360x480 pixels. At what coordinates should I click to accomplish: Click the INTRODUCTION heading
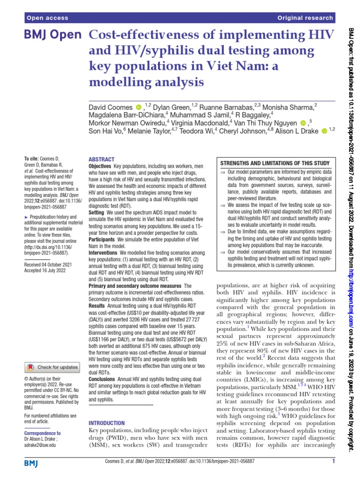[x=106, y=422]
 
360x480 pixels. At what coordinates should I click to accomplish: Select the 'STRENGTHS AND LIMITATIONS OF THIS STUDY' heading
[x=275, y=163]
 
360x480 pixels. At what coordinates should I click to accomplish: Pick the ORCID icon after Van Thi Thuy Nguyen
[x=302, y=122]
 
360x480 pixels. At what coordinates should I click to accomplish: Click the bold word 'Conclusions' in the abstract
[x=102, y=378]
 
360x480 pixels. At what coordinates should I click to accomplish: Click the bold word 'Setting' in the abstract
[x=96, y=212]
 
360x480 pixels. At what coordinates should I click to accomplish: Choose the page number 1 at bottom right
[x=332, y=462]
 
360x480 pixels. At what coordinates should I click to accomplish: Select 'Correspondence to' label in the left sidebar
[x=42, y=433]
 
